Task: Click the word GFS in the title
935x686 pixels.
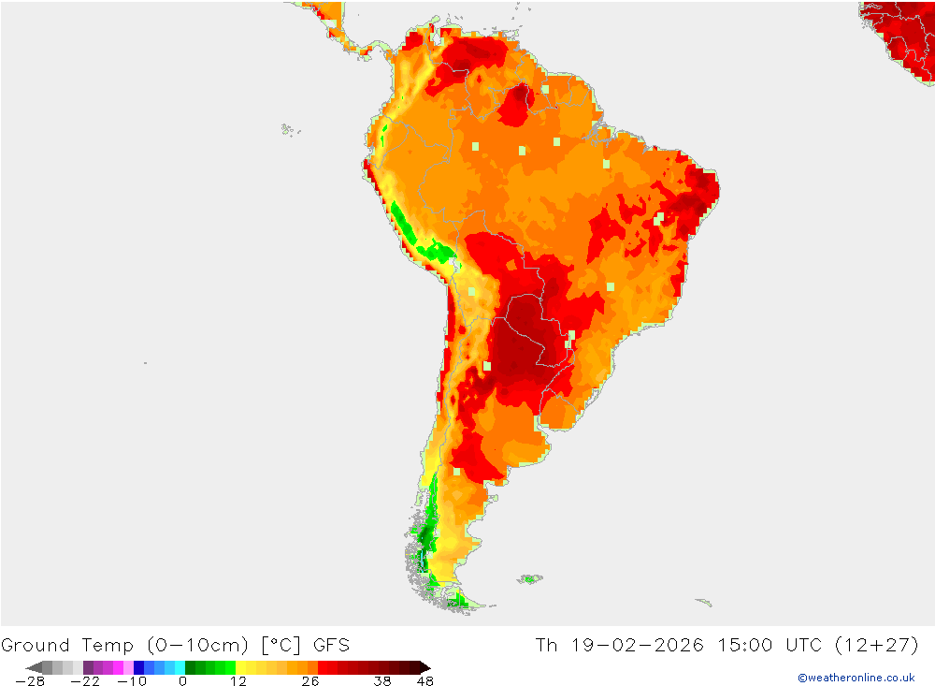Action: tap(332, 645)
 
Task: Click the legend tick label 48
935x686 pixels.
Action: tap(425, 681)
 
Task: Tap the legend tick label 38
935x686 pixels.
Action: tap(381, 681)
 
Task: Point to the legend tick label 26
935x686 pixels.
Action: tap(310, 681)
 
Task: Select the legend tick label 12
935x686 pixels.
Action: tap(239, 681)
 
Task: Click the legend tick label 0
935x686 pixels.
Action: tap(182, 681)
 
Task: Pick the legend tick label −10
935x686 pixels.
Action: tap(133, 681)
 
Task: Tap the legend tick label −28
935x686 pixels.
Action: tap(30, 681)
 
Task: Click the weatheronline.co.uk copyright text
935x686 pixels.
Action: tap(856, 678)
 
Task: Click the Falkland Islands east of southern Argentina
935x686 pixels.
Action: tap(530, 579)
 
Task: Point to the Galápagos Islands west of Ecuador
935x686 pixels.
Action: tap(286, 129)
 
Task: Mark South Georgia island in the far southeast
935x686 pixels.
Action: tap(703, 602)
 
